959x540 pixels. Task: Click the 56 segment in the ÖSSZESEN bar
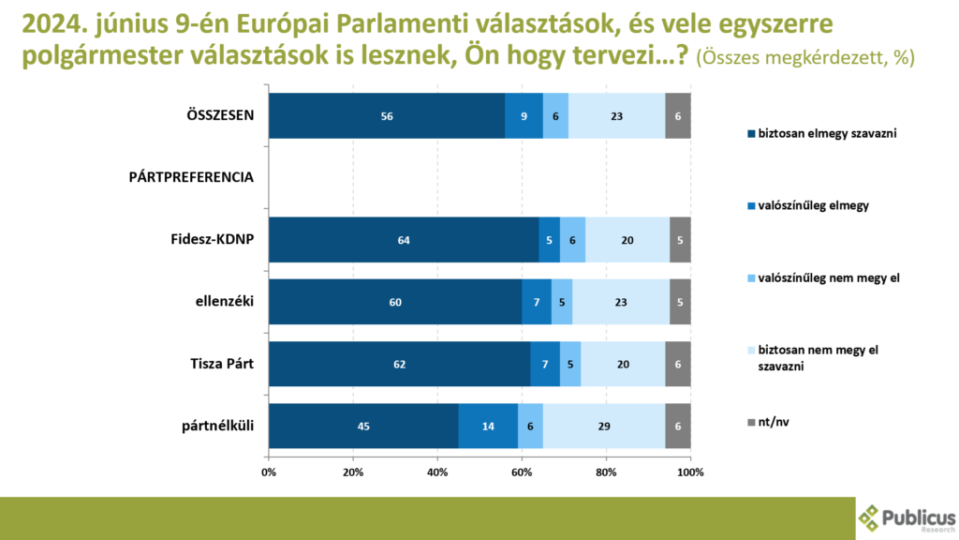tap(387, 116)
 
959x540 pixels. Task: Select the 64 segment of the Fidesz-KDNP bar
tap(404, 240)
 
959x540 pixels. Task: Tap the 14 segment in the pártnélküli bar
tap(488, 426)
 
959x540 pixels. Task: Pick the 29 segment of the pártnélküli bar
tap(603, 426)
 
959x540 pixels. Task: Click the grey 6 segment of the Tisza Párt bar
tap(678, 364)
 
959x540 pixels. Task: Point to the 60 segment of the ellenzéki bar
tap(395, 302)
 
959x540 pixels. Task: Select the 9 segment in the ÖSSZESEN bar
tap(524, 116)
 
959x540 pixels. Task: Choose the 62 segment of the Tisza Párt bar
tap(399, 364)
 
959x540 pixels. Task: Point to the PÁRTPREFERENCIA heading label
tap(190, 177)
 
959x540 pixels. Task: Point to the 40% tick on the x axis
tap(437, 472)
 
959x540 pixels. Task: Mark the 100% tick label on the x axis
tap(690, 472)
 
